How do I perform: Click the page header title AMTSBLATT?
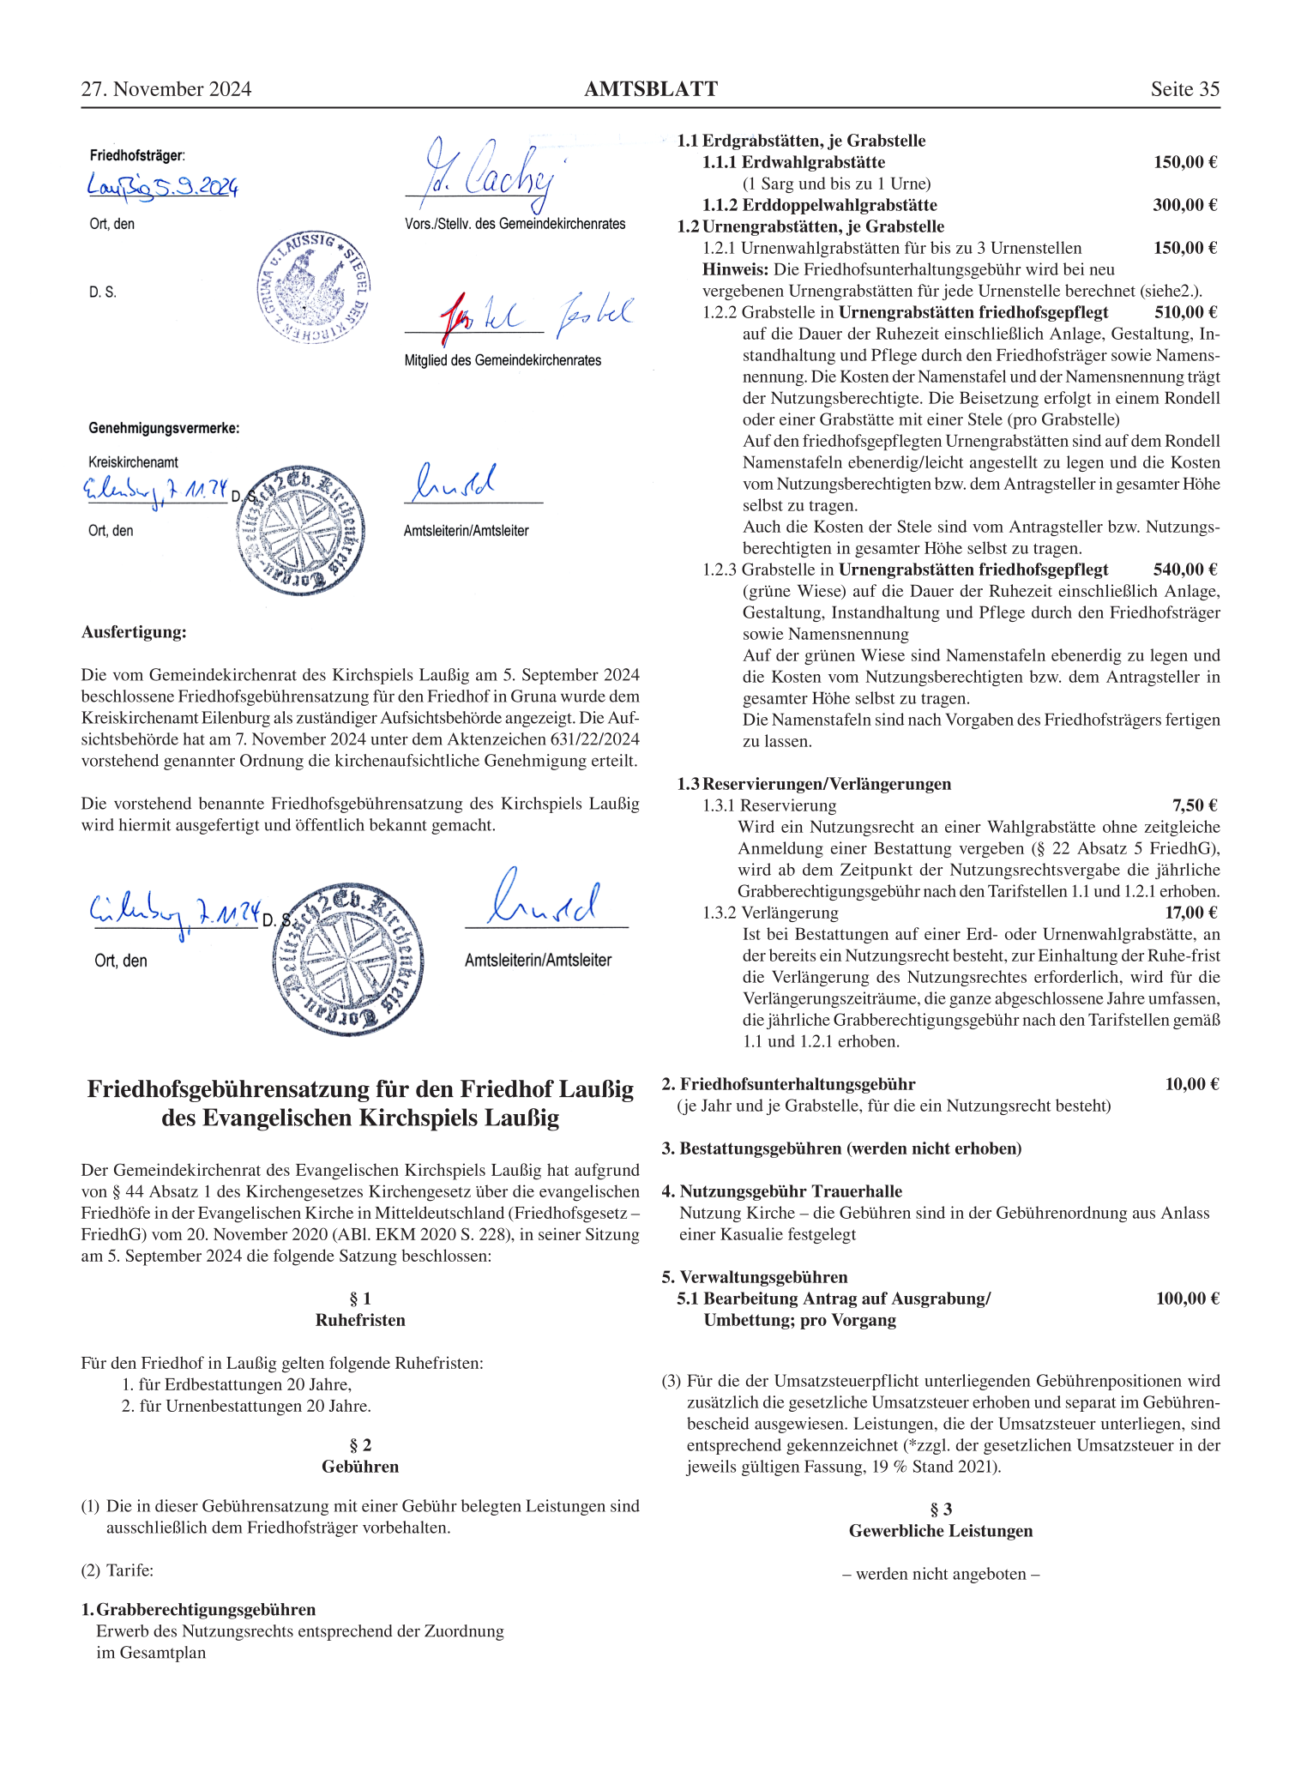[650, 89]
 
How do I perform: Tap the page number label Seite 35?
[1184, 89]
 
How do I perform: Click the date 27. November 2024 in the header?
[166, 89]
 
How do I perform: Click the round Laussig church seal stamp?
[314, 287]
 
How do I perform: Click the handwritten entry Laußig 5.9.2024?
[163, 185]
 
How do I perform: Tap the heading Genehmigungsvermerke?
[164, 428]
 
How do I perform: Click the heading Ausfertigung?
[134, 632]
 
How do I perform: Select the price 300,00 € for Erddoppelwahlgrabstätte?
[1184, 205]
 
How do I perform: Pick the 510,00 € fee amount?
[1184, 312]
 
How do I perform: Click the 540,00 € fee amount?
[1184, 570]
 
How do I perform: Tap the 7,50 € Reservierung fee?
[1194, 805]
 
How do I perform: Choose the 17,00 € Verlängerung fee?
[1190, 913]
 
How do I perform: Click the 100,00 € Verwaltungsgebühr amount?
[1187, 1299]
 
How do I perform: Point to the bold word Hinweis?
[735, 269]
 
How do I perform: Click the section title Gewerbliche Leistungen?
[940, 1531]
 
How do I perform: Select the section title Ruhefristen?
[360, 1320]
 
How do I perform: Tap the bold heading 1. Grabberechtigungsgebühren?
[199, 1610]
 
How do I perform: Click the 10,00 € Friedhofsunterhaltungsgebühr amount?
[1191, 1084]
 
